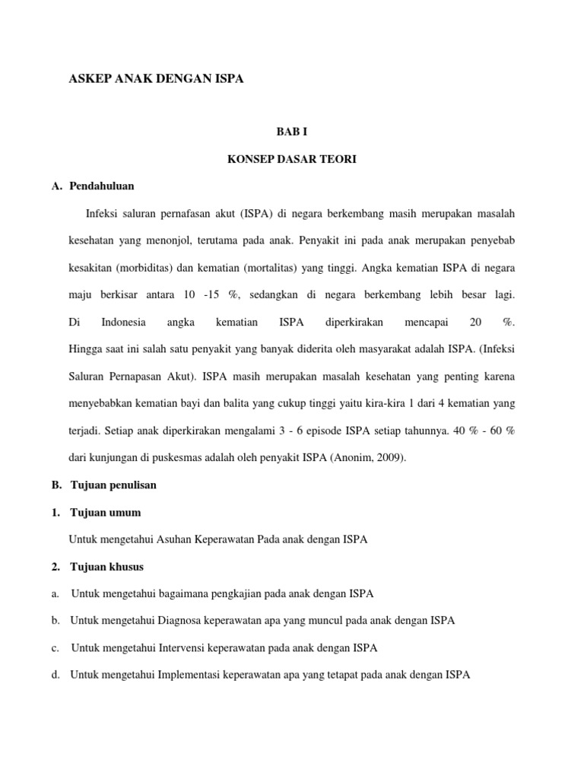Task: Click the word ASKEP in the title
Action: [89, 78]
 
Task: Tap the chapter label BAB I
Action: [292, 132]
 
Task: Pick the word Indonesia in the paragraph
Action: [123, 323]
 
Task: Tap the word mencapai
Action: [427, 323]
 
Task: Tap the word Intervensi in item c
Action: [184, 647]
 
